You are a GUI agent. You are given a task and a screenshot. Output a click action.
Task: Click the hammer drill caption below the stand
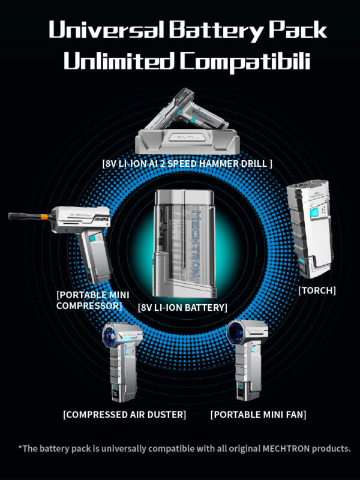(187, 163)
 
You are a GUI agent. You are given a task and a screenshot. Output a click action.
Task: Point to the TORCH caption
(317, 290)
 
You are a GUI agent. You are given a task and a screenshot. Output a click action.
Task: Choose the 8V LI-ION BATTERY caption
(183, 307)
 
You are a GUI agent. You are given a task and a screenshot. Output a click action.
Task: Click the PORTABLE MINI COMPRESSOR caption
(93, 301)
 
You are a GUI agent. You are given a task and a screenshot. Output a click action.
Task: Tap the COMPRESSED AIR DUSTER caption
(125, 415)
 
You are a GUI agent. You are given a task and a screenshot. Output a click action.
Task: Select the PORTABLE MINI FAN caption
(259, 415)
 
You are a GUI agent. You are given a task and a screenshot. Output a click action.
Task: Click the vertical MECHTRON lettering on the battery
(196, 244)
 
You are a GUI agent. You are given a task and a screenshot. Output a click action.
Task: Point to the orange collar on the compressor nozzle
(44, 217)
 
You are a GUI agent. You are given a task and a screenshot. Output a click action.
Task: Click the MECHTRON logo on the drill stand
(187, 137)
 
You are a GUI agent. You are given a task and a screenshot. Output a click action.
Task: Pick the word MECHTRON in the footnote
(286, 448)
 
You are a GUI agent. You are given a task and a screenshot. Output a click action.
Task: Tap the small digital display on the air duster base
(115, 392)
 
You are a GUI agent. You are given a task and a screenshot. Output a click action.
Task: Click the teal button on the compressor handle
(92, 238)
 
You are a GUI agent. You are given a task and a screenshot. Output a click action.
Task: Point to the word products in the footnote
(331, 449)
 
